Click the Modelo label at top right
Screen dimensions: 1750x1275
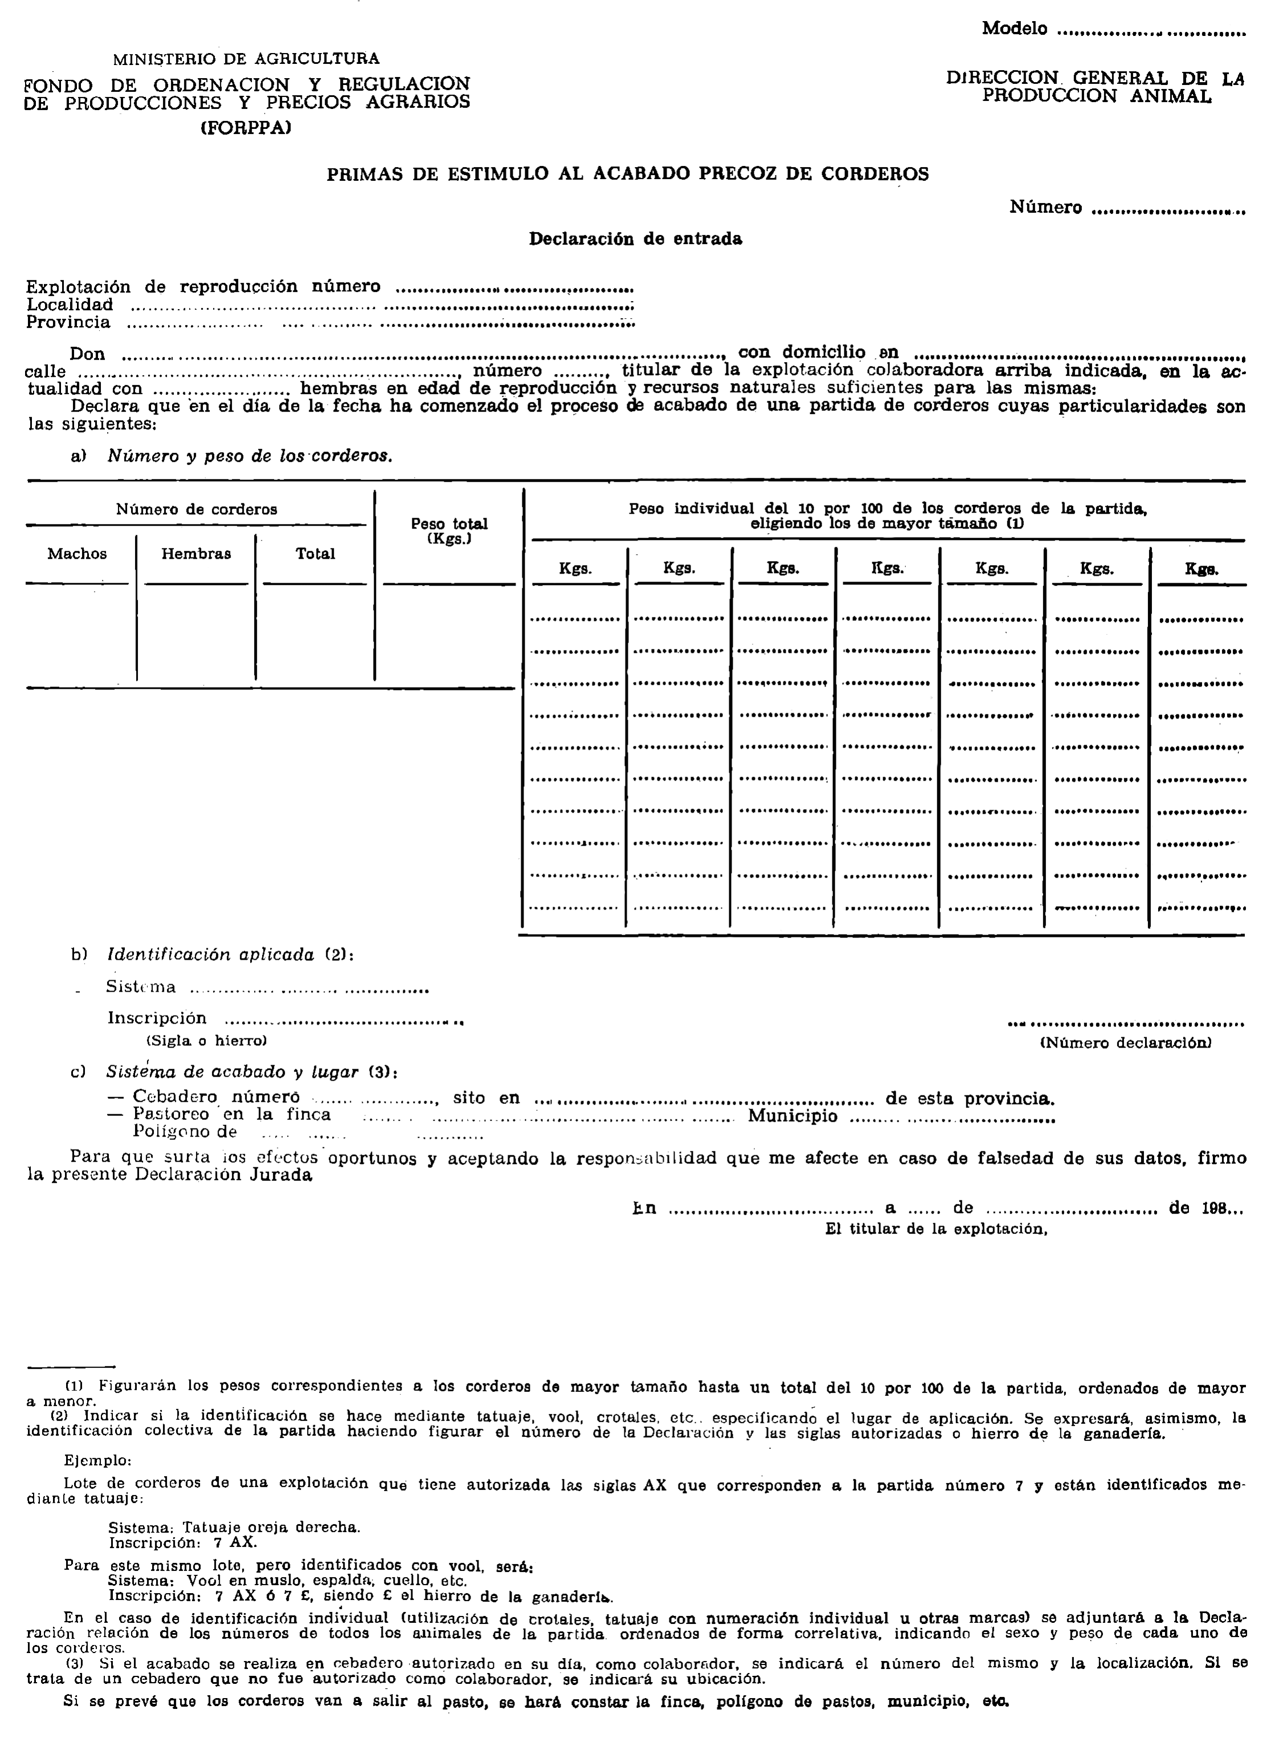pyautogui.click(x=1014, y=29)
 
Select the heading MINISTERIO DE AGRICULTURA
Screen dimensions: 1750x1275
pyautogui.click(x=246, y=59)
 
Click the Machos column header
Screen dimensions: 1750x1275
pyautogui.click(x=77, y=554)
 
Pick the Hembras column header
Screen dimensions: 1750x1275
pyautogui.click(x=196, y=554)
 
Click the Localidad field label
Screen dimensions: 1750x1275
pyautogui.click(x=70, y=305)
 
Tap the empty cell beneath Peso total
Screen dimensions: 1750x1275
pyautogui.click(x=449, y=634)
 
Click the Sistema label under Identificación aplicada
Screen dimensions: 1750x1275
pyautogui.click(x=141, y=987)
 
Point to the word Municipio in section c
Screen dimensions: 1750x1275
pyautogui.click(x=792, y=1116)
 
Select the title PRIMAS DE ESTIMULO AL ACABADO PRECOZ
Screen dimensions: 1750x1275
pyautogui.click(x=627, y=174)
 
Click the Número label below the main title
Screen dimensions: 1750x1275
pyautogui.click(x=1046, y=208)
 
